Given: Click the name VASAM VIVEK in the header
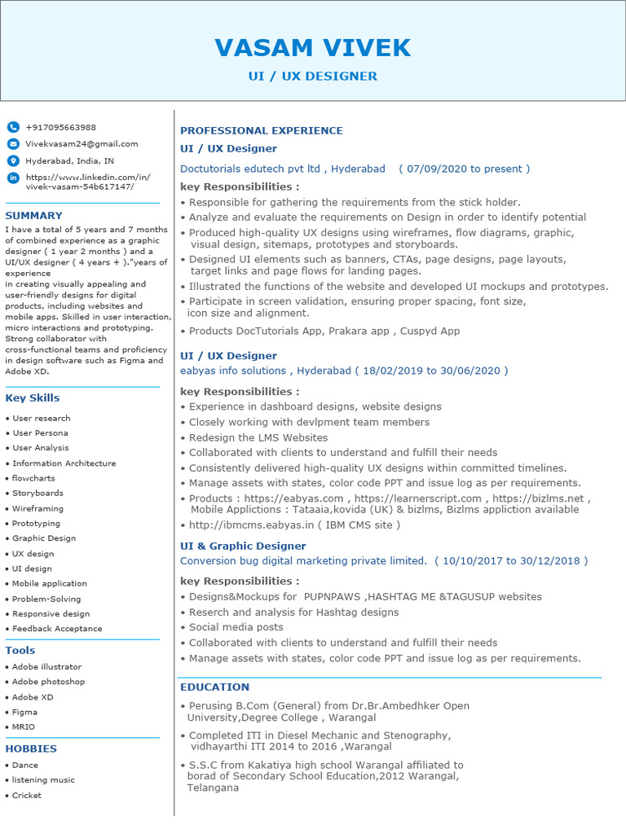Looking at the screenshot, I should pyautogui.click(x=312, y=48).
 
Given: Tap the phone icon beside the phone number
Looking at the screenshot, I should pyautogui.click(x=13, y=127).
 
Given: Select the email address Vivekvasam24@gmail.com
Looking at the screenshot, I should pyautogui.click(x=82, y=143).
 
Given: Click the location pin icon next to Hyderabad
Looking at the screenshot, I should pyautogui.click(x=13, y=160).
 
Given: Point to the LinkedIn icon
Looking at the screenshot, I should pyautogui.click(x=13, y=178).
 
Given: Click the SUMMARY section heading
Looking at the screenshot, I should pyautogui.click(x=33, y=216).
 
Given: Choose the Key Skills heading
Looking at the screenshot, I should pyautogui.click(x=32, y=398).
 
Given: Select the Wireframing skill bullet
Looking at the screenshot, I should pyautogui.click(x=37, y=508).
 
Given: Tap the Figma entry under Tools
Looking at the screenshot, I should pyautogui.click(x=24, y=712).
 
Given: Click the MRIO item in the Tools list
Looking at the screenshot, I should pyautogui.click(x=24, y=726).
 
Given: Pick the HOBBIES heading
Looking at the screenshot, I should pyautogui.click(x=31, y=748).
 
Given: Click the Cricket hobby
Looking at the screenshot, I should pyautogui.click(x=26, y=795).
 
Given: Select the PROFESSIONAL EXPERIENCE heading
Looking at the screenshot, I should pyautogui.click(x=261, y=130).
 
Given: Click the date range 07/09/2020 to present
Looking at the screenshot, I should pyautogui.click(x=464, y=169).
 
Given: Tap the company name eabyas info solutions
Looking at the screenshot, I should pyautogui.click(x=233, y=371).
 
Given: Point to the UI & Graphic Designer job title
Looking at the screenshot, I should pyautogui.click(x=243, y=546).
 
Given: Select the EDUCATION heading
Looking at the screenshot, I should pyautogui.click(x=214, y=687).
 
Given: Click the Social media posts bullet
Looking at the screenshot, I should pyautogui.click(x=236, y=627).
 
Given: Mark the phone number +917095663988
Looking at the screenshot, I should pyautogui.click(x=60, y=127).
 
